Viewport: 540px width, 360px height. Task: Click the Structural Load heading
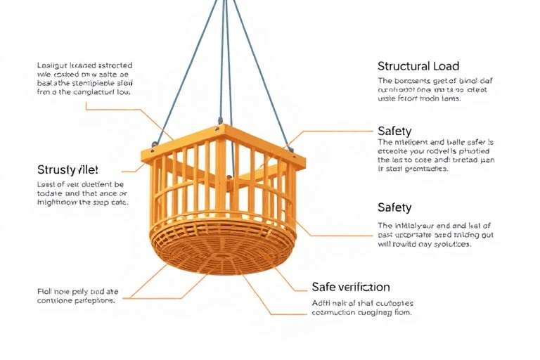(x=418, y=67)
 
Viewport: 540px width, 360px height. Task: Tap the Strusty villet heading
(x=67, y=170)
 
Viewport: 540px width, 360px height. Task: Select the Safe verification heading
(x=350, y=287)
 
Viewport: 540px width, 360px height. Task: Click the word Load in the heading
(x=446, y=67)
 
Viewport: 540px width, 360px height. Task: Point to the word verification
(x=364, y=287)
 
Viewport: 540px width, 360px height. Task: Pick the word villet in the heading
(x=85, y=170)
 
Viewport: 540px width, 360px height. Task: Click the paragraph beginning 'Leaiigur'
(x=84, y=78)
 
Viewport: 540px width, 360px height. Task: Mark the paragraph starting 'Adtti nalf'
(x=362, y=307)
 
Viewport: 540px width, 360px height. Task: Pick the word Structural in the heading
(x=404, y=67)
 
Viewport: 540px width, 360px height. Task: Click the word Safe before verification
(x=324, y=287)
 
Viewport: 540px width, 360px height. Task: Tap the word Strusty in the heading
(x=56, y=170)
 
